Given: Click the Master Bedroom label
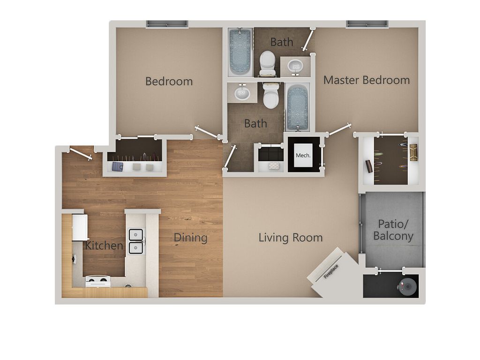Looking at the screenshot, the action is coord(367,80).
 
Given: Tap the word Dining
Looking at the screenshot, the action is coord(190,238).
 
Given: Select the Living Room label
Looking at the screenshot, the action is coord(291,238).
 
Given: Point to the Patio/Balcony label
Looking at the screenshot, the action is coord(393,230).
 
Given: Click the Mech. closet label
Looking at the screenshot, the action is coord(303,156).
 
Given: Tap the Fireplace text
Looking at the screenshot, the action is coord(331,271).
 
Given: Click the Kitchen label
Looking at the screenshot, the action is coord(104,246).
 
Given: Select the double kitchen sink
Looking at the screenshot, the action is coord(136,241).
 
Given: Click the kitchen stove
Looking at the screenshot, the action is coord(97,281).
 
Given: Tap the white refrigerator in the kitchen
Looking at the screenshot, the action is coord(80,227).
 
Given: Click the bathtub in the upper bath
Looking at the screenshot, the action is coord(240,52).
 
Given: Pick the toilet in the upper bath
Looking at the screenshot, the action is coord(268,63).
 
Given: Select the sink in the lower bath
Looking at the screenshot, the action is coord(242,92).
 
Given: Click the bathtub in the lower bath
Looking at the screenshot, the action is coord(297,107).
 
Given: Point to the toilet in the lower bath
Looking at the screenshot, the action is coord(271,95).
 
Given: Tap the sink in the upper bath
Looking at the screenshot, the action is coord(295,67).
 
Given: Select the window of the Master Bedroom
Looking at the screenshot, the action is coord(367,24).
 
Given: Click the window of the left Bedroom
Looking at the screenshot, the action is coord(167,24).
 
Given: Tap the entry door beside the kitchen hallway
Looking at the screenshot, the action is coord(81,154).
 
